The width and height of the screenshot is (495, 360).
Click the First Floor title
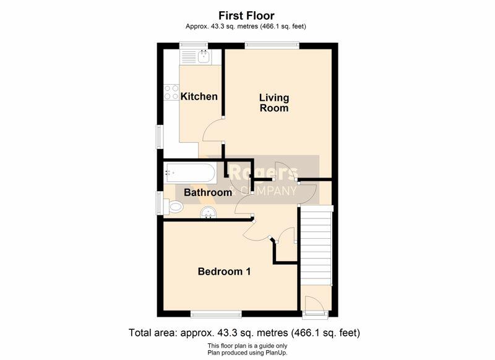point(246,15)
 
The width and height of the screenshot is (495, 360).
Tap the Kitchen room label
point(199,96)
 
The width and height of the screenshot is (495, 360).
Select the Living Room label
point(274,103)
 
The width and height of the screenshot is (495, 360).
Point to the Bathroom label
point(208,192)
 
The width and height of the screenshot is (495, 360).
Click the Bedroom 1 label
point(224,272)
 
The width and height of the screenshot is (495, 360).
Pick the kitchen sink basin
point(204,56)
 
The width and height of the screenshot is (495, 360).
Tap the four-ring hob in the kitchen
point(171,92)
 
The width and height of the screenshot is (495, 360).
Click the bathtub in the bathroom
point(190,173)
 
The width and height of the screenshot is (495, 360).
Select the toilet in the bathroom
point(174,207)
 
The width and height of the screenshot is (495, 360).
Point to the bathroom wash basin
point(209,212)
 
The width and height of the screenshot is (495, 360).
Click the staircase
point(316,245)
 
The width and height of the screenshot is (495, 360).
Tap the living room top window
point(272,45)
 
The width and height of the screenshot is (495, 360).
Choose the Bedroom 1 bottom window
point(216,314)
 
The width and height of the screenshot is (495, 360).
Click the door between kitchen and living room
point(213,131)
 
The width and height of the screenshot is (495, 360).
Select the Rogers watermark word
point(263,173)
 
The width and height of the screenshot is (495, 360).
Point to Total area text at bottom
point(244,333)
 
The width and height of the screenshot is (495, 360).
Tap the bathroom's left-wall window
point(160,203)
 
